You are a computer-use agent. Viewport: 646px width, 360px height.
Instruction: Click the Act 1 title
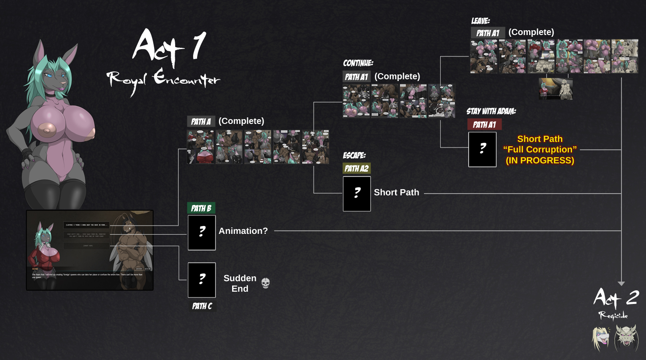(169, 46)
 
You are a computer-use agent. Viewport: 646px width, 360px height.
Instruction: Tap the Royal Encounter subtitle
(163, 80)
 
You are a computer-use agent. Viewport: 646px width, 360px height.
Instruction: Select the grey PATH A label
(201, 121)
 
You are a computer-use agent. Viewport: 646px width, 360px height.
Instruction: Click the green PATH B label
(201, 208)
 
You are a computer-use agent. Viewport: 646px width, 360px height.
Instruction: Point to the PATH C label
(202, 306)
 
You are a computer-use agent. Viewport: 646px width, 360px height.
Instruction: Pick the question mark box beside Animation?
(202, 233)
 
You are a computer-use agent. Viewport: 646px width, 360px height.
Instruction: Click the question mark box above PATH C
(202, 280)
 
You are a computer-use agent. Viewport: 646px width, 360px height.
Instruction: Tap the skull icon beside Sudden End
(265, 283)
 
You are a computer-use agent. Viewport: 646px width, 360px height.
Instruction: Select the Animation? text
(243, 231)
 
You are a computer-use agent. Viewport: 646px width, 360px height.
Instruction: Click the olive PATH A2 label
(357, 168)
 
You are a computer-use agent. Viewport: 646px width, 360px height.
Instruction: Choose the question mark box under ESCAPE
(357, 194)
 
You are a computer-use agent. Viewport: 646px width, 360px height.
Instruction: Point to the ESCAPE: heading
(354, 155)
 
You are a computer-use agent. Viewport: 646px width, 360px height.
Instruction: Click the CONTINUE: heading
(358, 63)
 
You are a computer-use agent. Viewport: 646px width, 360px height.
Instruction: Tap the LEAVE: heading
(480, 21)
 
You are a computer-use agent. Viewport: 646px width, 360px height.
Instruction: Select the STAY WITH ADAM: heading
(491, 111)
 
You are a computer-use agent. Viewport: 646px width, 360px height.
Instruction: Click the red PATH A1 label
(484, 124)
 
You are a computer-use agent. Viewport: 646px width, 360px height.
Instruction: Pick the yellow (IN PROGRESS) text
(540, 160)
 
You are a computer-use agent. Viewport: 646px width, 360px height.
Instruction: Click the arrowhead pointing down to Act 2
(621, 283)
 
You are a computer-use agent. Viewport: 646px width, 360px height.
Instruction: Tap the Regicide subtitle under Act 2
(613, 315)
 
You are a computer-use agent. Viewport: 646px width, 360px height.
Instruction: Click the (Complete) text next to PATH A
(241, 121)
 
